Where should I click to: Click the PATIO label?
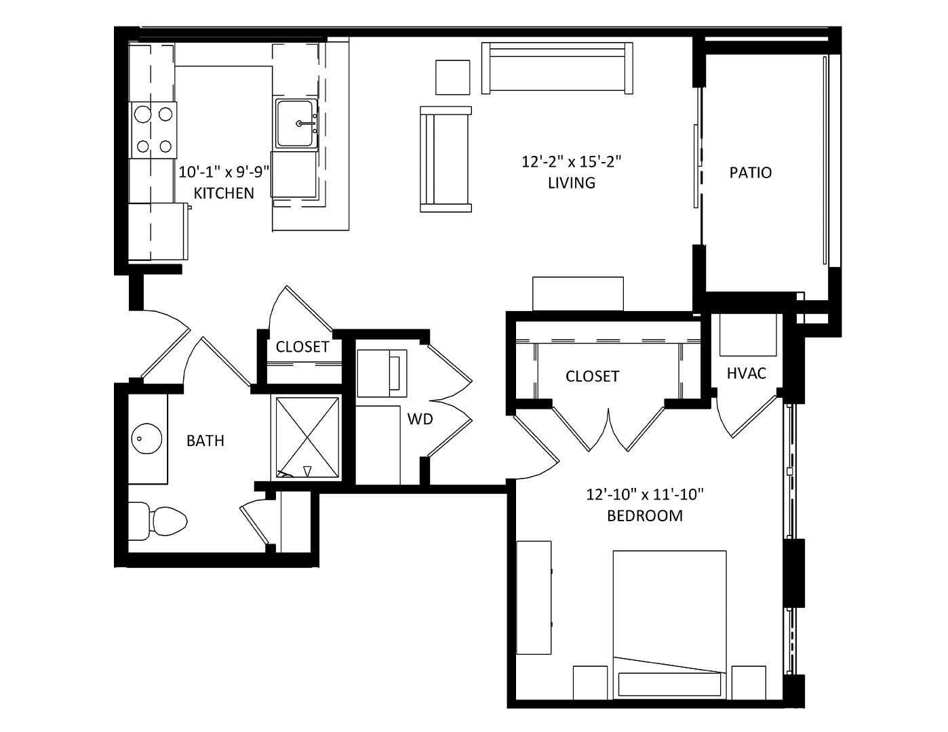tap(751, 173)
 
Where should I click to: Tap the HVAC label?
tap(747, 373)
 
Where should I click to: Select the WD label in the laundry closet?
tap(420, 419)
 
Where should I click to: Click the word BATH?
tap(205, 441)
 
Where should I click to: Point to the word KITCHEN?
tap(224, 193)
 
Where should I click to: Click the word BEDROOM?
tap(645, 516)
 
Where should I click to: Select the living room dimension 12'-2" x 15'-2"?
tap(572, 162)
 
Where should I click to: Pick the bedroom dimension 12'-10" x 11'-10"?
tap(645, 495)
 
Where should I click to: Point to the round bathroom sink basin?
tap(147, 438)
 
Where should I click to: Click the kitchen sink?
tap(296, 123)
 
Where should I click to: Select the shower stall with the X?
tap(308, 438)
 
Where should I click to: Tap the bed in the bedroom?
tap(670, 625)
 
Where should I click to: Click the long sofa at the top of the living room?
tap(557, 68)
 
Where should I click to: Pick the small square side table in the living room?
tap(453, 77)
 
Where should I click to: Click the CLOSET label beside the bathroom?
tap(302, 346)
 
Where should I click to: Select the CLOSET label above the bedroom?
tap(593, 376)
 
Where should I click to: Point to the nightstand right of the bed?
tap(749, 683)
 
